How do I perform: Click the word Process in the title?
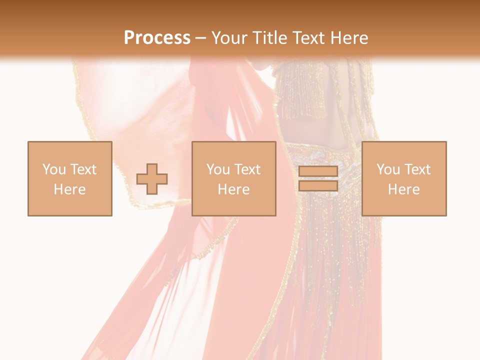[157, 38]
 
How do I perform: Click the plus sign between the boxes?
[152, 178]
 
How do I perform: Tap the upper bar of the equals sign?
[318, 171]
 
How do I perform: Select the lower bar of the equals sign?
[318, 185]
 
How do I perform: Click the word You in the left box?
[54, 169]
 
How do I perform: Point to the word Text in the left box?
[82, 169]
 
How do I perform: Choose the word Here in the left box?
[69, 189]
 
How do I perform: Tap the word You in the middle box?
[218, 169]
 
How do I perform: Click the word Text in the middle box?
[246, 169]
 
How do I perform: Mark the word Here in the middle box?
[233, 189]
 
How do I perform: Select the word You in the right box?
[388, 169]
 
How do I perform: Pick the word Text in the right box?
[416, 169]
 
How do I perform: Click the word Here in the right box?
[403, 189]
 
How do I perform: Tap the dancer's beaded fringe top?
[300, 92]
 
